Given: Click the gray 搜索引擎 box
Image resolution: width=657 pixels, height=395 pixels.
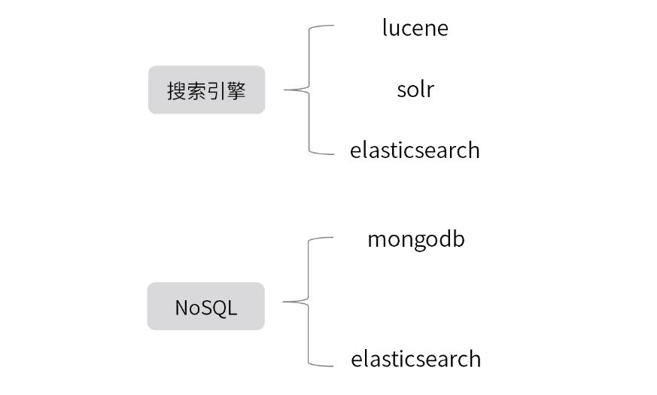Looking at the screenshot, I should (x=206, y=90).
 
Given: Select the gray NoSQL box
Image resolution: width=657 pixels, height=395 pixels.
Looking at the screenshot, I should (x=205, y=306).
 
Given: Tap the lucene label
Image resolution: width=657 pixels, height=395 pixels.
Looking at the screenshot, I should (x=415, y=28).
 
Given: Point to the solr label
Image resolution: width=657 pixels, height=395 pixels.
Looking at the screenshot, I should (x=415, y=90).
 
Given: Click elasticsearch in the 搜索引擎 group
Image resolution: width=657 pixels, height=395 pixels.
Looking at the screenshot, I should (x=415, y=150).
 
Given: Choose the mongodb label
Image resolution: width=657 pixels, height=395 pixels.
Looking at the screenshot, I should (x=415, y=239).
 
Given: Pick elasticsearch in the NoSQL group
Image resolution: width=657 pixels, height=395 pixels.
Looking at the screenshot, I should (x=415, y=359).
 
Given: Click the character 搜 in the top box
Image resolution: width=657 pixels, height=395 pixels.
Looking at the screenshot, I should (x=177, y=91).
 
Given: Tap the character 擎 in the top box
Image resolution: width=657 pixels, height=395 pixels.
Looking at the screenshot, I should (x=236, y=91).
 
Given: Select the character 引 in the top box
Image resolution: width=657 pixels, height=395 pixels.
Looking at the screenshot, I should (x=216, y=91).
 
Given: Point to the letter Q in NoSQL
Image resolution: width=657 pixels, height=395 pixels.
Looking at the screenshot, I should (x=215, y=308).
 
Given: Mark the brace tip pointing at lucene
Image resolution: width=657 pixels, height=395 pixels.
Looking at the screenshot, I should (x=333, y=26).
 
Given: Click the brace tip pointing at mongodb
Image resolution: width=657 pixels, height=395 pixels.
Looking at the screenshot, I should (x=333, y=238).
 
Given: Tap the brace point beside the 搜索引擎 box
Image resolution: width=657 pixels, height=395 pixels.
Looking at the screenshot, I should (x=285, y=90).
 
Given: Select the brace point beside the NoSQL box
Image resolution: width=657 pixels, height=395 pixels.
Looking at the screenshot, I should (x=284, y=302).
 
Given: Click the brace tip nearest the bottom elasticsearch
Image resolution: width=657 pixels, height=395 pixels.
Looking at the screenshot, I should (x=333, y=366).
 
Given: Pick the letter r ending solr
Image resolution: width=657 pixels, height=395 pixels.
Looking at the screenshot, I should (x=430, y=90).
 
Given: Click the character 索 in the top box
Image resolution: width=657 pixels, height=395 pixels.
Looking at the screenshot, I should (x=196, y=91).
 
